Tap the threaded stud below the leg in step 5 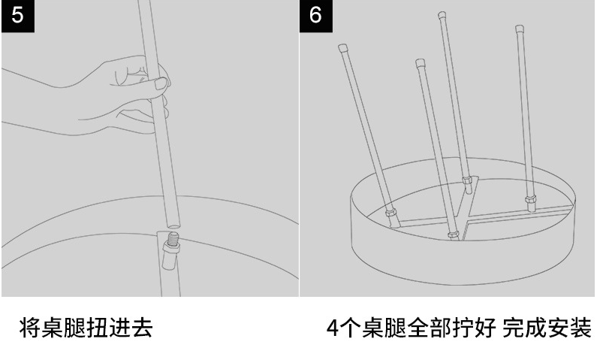pos(172,241)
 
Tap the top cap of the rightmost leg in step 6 pos(519,29)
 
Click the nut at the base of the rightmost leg pos(531,201)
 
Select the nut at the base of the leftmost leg pos(390,212)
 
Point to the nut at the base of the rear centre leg pos(467,180)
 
